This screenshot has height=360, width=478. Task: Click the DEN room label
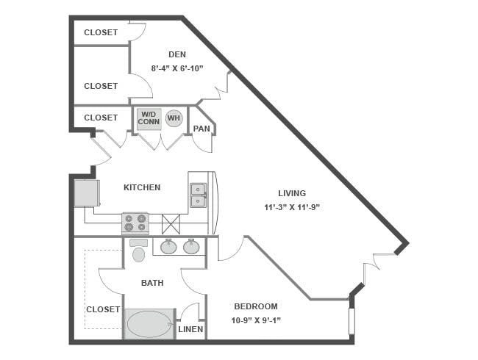tap(177, 54)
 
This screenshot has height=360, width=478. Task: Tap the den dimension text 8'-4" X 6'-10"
tap(177, 68)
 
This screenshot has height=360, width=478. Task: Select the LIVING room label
tap(292, 193)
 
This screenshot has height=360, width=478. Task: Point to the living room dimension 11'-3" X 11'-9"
tap(292, 207)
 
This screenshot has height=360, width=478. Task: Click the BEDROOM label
tap(256, 306)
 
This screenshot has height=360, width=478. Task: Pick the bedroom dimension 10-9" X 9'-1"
tap(256, 320)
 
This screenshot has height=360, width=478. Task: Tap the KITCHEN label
tap(142, 187)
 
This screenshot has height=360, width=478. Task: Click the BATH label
tap(152, 283)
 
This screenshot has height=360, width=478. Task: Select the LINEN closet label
tap(190, 329)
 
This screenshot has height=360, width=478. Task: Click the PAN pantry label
tap(201, 129)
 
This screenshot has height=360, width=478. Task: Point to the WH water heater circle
tap(174, 118)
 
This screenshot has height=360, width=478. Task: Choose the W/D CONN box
tap(149, 119)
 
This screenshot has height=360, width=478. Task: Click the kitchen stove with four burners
tap(135, 223)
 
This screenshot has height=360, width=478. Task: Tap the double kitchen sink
tap(198, 195)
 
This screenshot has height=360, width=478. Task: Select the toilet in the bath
tap(139, 250)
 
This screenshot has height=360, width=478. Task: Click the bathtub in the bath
tap(149, 324)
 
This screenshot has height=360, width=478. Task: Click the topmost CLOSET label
tap(101, 32)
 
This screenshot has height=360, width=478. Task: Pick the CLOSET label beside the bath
tap(103, 309)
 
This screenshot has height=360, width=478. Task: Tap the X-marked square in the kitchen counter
tap(171, 224)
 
